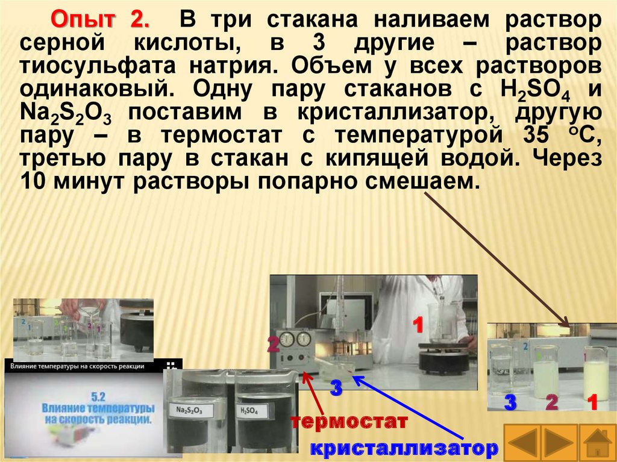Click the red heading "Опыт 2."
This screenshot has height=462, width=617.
(x=101, y=20)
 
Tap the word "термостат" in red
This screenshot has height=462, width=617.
(x=349, y=422)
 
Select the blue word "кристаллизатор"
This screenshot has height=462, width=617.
(x=404, y=448)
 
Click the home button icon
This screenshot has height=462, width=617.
(x=597, y=443)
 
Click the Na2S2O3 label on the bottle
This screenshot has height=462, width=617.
(x=190, y=410)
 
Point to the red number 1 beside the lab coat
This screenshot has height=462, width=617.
(x=418, y=325)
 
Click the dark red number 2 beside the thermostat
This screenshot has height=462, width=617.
(x=274, y=344)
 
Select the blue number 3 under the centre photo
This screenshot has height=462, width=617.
(x=336, y=388)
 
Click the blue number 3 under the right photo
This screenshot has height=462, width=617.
(x=510, y=402)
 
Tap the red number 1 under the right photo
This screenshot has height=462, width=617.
(x=592, y=402)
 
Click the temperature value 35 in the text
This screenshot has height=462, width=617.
(x=536, y=135)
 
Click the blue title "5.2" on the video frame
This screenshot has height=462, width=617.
(x=98, y=396)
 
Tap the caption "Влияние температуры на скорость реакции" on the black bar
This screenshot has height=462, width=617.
(x=77, y=366)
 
